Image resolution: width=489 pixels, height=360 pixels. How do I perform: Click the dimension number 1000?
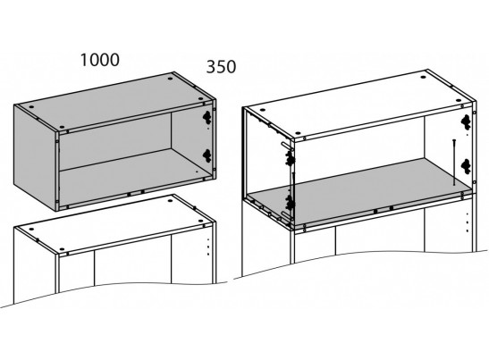pos(100,60)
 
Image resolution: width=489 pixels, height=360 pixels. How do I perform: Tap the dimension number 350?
pos(221,67)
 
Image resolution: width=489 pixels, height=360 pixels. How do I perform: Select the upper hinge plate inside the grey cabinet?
pos(207,116)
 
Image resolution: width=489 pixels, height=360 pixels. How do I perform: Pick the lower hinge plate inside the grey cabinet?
pos(207,155)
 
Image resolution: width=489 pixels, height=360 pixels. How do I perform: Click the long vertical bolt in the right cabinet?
pos(454,163)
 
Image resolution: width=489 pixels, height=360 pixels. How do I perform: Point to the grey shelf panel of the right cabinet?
pos(358,192)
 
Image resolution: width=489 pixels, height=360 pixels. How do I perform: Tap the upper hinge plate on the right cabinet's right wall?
pos(466,121)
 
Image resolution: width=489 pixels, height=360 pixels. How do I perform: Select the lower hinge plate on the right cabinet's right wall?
pos(466,166)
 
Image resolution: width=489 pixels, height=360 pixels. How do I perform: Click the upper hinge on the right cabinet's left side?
pos(290,159)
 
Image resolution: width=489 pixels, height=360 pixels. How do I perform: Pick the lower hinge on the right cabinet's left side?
pos(290,203)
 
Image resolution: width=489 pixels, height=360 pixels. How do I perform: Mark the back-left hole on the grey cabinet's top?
pos(31,107)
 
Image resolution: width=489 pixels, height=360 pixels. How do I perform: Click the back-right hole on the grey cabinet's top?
pos(170,79)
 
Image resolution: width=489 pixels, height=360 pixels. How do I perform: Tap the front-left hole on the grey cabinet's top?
pos(62,127)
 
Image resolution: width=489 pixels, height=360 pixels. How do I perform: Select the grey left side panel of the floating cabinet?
pos(35,157)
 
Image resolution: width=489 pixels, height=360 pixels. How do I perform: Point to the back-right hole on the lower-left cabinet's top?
pos(170,201)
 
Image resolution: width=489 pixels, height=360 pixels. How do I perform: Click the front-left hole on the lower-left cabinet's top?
pos(62,249)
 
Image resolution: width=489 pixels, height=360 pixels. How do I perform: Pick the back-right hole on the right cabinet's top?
pos(423,77)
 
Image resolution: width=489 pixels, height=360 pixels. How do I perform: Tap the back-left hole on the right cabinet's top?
pos(262,110)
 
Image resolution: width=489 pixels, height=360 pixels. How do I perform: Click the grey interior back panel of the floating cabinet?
pos(115,141)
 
